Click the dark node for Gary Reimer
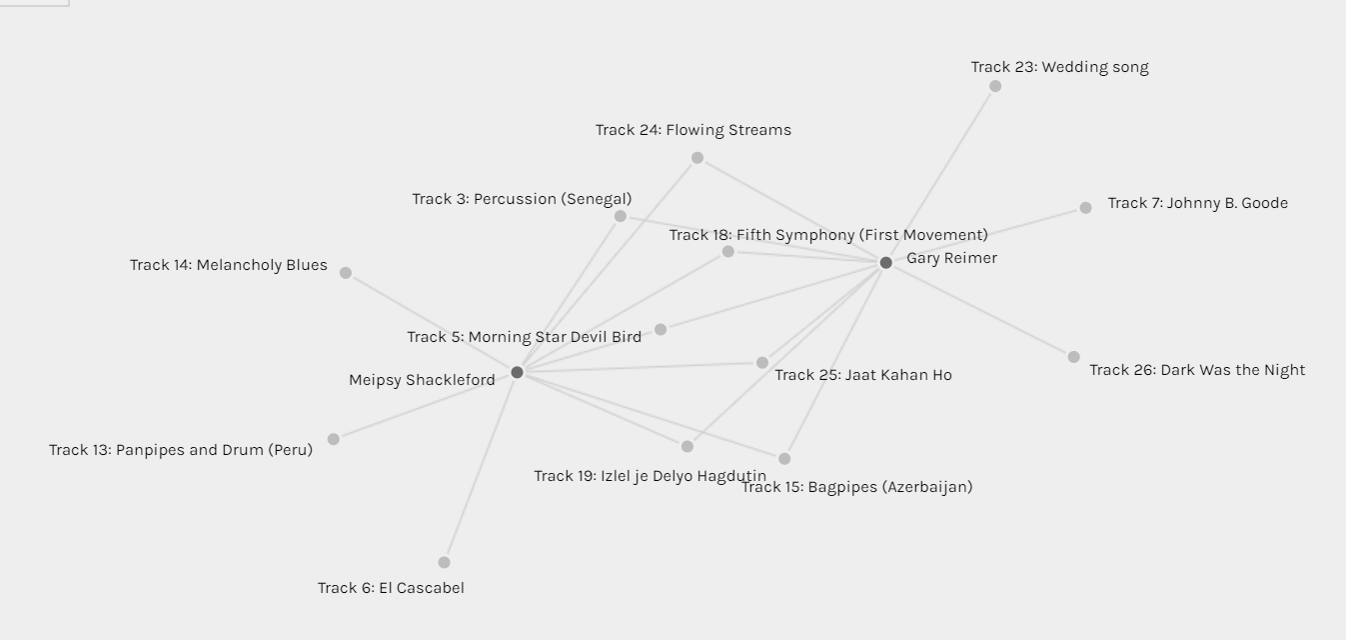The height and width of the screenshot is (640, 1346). [885, 262]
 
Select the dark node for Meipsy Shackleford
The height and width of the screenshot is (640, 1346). [517, 372]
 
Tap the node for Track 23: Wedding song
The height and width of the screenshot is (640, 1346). [995, 86]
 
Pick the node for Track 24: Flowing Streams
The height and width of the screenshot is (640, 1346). [697, 158]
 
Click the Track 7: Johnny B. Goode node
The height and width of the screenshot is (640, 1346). [1085, 208]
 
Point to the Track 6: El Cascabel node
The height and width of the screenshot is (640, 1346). [444, 562]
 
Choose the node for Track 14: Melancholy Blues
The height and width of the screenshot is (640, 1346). [346, 272]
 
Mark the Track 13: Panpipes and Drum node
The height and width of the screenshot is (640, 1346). [334, 439]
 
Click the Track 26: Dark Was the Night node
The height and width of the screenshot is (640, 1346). [1074, 357]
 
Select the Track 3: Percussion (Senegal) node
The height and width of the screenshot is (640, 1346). [621, 216]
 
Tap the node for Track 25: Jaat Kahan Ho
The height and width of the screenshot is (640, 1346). [761, 363]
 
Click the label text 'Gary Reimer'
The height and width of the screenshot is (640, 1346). [952, 258]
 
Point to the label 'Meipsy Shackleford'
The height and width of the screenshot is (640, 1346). [422, 380]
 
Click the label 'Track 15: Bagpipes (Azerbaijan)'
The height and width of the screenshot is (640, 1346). [857, 487]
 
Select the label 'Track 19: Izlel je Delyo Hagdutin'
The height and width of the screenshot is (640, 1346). [651, 476]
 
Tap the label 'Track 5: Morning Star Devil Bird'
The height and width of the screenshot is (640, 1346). [524, 337]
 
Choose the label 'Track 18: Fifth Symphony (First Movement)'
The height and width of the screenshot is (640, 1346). [828, 235]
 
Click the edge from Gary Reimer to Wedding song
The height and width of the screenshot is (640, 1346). [940, 174]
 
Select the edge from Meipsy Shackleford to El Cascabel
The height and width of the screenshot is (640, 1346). [481, 467]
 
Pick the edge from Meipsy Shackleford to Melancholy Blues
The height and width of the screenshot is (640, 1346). [432, 322]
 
